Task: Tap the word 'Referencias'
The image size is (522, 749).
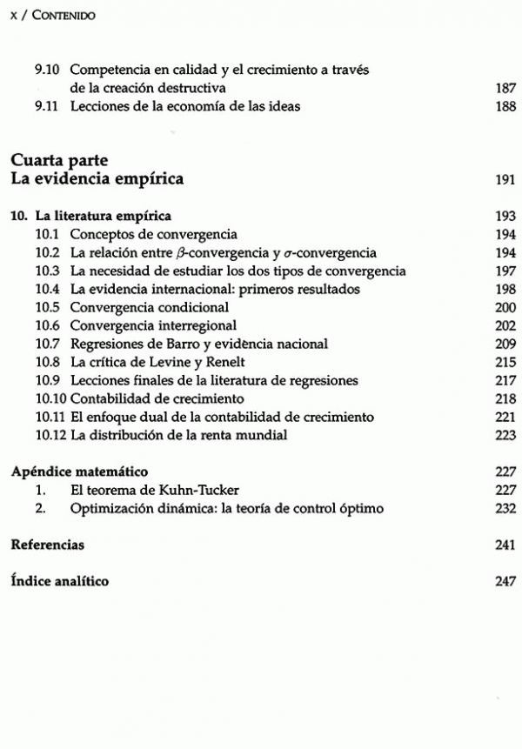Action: click(x=47, y=545)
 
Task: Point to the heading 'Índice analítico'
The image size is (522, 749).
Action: click(x=60, y=582)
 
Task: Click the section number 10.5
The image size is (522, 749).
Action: click(x=48, y=308)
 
